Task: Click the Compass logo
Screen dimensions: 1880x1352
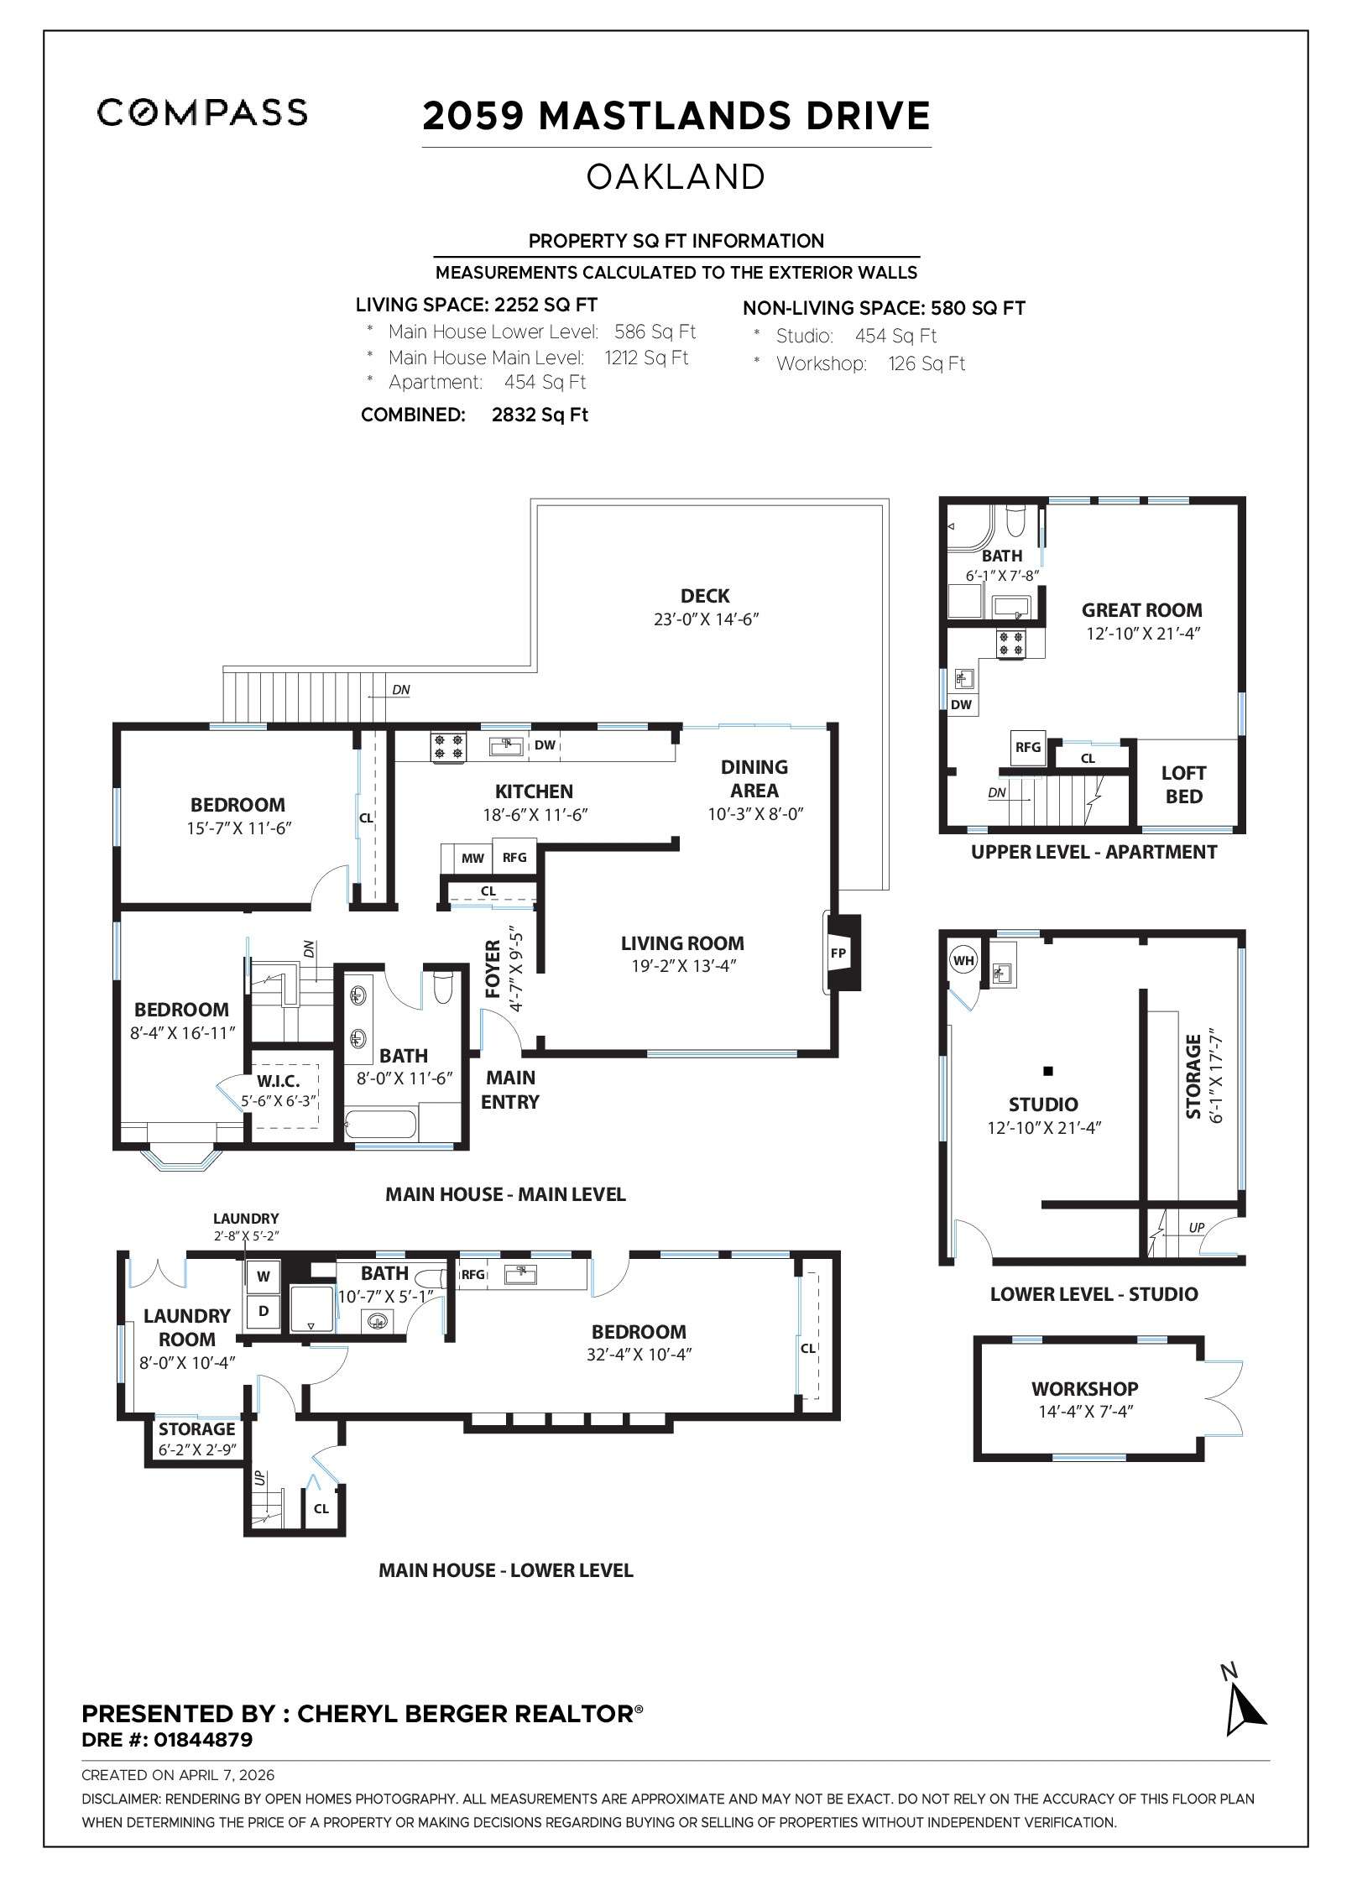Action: tap(201, 112)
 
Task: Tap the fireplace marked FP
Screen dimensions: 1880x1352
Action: tap(838, 953)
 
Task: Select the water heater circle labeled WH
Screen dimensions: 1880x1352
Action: tap(963, 960)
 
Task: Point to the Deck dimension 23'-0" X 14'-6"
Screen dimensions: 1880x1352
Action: tap(706, 619)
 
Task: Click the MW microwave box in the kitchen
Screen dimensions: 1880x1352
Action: tap(472, 858)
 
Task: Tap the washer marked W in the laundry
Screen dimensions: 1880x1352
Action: tap(264, 1277)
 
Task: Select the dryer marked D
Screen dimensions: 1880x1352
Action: tap(264, 1310)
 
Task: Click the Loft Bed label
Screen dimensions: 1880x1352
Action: tap(1183, 785)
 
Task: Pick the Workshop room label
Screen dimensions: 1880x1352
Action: tap(1084, 1389)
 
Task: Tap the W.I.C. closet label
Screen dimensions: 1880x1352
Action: tap(278, 1082)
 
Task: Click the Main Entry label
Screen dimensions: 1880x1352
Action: tap(510, 1089)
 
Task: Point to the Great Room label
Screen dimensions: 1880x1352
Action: tap(1141, 610)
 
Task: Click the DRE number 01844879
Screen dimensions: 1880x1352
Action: tap(203, 1740)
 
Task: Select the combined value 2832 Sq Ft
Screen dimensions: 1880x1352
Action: tap(540, 415)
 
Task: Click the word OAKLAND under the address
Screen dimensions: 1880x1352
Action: tap(676, 177)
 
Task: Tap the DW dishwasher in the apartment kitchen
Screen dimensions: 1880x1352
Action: tap(961, 704)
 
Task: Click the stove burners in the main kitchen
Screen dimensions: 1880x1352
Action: tap(448, 747)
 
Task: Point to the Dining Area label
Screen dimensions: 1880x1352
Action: tap(754, 778)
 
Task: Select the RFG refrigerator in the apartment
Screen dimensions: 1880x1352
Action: tap(1028, 746)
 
